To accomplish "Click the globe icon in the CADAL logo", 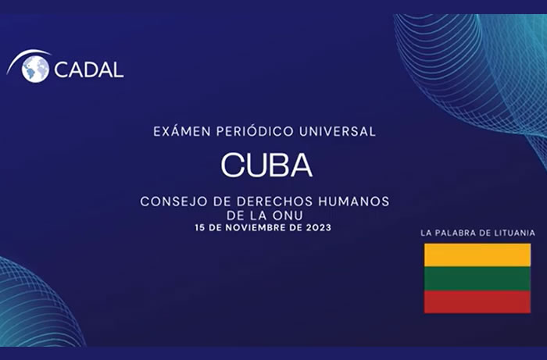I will tap(35, 69).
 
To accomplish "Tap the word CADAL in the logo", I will tap(88, 70).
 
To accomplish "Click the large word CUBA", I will tap(266, 165).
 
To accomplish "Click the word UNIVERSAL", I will tap(338, 131).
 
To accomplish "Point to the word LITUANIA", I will tap(509, 233).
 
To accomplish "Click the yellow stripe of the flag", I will tap(477, 255).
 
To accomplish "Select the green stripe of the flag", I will tap(477, 279).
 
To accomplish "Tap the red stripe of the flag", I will tap(477, 301).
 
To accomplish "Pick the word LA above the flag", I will tap(426, 233).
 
